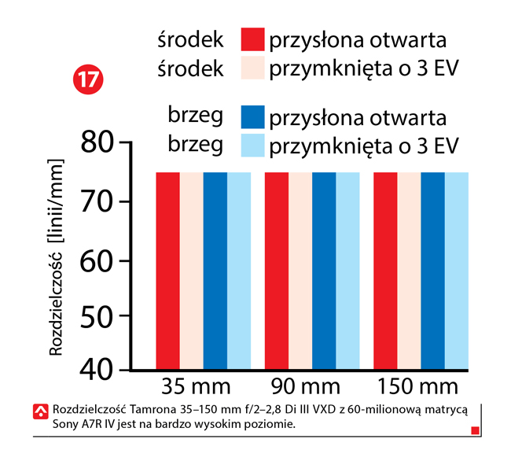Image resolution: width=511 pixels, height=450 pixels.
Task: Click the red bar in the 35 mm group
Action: (x=167, y=270)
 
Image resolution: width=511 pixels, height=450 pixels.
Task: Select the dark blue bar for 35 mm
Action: (x=215, y=270)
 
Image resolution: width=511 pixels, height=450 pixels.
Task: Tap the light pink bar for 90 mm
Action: (x=300, y=270)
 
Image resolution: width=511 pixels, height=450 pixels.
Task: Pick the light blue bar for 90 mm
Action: (x=347, y=270)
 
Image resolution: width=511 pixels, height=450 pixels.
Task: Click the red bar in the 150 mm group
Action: (x=385, y=270)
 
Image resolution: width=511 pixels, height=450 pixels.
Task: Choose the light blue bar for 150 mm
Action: (x=456, y=270)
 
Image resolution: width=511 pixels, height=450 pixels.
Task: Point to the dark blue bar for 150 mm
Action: (x=432, y=270)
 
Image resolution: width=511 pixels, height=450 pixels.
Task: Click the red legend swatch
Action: (x=252, y=41)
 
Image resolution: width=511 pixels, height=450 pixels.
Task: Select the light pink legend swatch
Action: (x=252, y=69)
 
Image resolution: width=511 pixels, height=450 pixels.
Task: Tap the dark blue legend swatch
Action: (x=252, y=117)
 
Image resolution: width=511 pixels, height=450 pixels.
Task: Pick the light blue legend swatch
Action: (x=252, y=146)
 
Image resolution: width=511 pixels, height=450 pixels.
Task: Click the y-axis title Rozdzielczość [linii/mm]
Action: (x=56, y=257)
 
